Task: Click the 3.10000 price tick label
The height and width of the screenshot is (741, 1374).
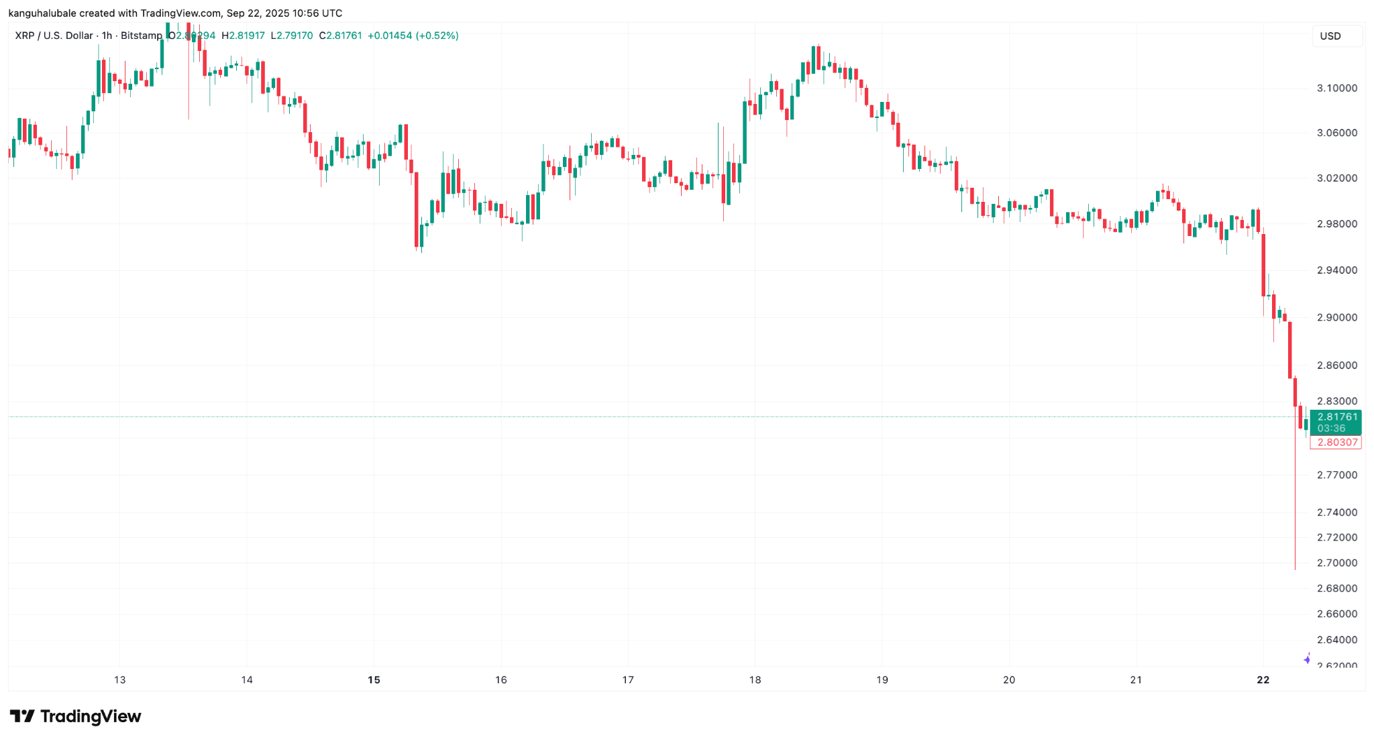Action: [1336, 88]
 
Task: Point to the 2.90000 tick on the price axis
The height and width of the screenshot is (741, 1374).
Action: [1336, 317]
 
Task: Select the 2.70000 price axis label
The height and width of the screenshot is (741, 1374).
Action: [1336, 563]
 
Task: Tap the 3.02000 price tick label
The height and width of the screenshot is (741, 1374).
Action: [1336, 178]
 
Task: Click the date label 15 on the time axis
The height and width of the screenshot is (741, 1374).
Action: [374, 679]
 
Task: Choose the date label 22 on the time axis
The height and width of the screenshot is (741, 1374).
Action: [1263, 679]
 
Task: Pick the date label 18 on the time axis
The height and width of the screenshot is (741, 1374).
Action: [755, 679]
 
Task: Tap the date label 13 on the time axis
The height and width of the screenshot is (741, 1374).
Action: [119, 679]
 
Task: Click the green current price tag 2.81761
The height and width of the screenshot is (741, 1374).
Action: [1336, 417]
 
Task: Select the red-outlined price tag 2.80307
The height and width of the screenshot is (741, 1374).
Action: [1336, 442]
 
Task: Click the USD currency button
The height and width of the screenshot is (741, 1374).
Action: [1330, 36]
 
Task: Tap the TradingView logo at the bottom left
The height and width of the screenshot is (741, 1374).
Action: [75, 716]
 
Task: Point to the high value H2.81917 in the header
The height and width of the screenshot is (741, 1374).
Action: [243, 36]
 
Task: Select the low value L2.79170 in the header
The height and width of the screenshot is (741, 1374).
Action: [292, 36]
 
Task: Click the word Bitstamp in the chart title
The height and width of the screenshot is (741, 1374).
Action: [141, 36]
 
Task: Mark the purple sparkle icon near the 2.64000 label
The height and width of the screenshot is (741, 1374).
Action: [1307, 659]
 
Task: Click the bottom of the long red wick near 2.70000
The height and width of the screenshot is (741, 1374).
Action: [1295, 569]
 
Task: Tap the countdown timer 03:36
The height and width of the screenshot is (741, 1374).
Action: [1331, 429]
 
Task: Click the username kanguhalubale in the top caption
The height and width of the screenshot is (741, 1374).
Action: [42, 13]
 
